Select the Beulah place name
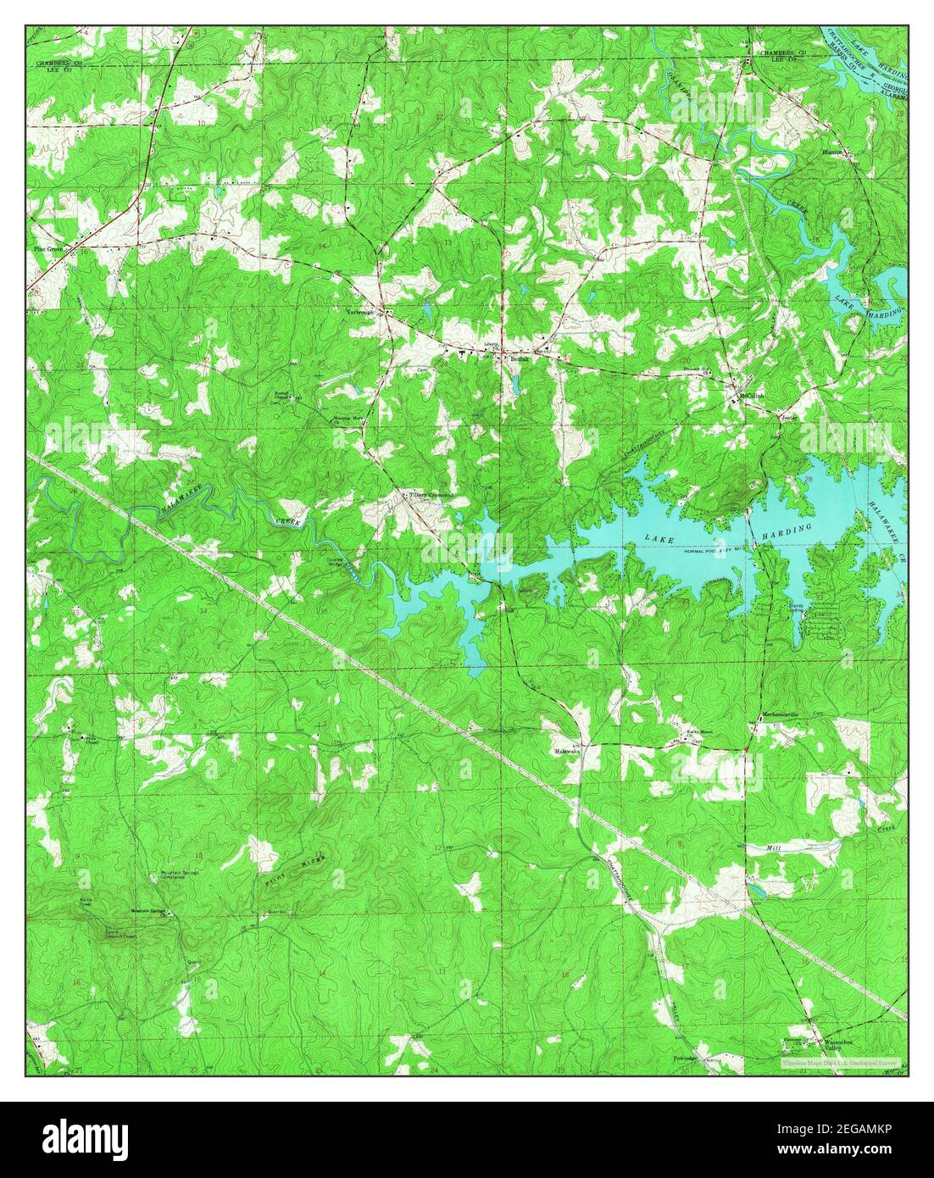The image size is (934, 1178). (x=520, y=358)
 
